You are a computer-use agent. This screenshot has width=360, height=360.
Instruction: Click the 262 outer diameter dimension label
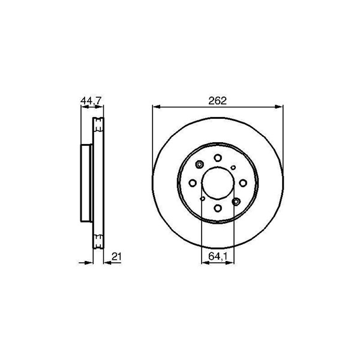[217, 101]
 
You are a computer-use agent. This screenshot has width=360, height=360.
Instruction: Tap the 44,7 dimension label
[91, 101]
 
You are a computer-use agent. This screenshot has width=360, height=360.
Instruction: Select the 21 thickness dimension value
[116, 256]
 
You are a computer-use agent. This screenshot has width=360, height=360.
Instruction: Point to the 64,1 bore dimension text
[218, 256]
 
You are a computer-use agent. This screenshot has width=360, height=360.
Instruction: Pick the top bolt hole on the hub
[218, 158]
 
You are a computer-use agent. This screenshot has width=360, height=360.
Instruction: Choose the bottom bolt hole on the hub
[218, 208]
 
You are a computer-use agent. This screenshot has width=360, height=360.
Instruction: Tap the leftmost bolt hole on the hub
[193, 183]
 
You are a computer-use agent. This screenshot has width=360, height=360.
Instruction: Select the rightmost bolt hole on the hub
[242, 183]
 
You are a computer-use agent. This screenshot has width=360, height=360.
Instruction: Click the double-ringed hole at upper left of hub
[200, 164]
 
